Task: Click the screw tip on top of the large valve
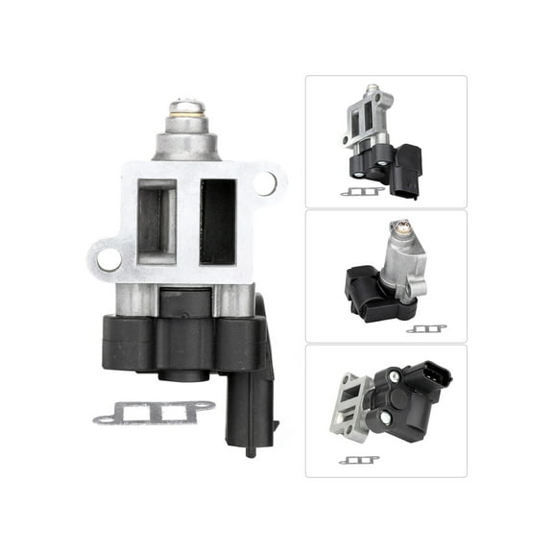[x=184, y=108]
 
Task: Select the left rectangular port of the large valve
[x=156, y=221]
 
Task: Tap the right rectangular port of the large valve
[x=217, y=221]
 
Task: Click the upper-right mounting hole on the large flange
[x=265, y=180]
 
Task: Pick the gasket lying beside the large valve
[x=154, y=412]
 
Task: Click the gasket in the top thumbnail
[x=362, y=191]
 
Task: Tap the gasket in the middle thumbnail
[x=425, y=328]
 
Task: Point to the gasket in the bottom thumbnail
[x=358, y=460]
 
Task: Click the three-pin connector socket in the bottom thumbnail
[x=429, y=378]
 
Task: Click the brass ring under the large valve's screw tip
[x=184, y=123]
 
